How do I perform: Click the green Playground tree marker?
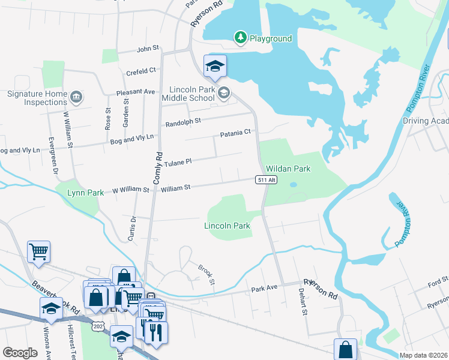coord(241,38)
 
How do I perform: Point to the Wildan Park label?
coord(288,169)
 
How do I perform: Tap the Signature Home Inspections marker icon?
coord(76,97)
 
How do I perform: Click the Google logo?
coord(20,352)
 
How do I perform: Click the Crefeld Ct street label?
coord(141,72)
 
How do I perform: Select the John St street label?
coord(148,48)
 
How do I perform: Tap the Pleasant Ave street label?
coord(136,92)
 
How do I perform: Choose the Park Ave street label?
coord(264,288)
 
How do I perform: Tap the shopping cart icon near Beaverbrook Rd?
coord(38,251)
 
